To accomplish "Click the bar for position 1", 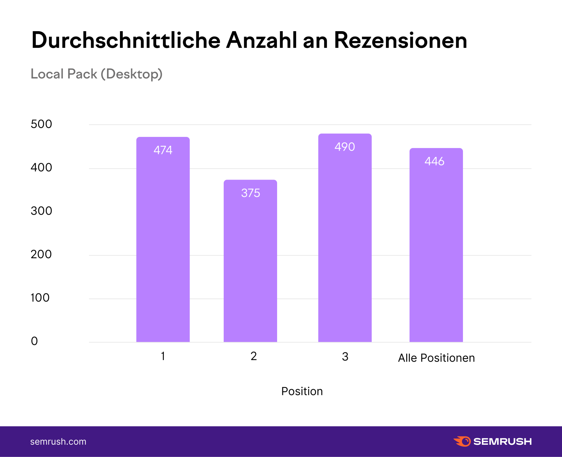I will click(x=163, y=239).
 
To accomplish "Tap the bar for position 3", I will click(x=345, y=238).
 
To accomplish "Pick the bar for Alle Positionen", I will click(x=436, y=245).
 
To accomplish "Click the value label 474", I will click(x=163, y=150).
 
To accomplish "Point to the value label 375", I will click(x=250, y=193).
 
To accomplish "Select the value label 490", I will click(x=345, y=147).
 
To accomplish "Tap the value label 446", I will click(x=434, y=161).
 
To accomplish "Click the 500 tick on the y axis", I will click(x=41, y=124).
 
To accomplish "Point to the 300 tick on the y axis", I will click(x=41, y=211).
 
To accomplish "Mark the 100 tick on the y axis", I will click(x=40, y=298).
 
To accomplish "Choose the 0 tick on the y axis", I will click(x=34, y=341).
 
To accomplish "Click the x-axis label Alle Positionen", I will click(x=436, y=358).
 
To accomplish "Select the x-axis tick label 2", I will click(x=253, y=356).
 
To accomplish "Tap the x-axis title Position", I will click(x=302, y=391).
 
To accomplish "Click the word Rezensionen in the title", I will click(x=400, y=41).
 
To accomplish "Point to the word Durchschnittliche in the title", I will click(x=126, y=41).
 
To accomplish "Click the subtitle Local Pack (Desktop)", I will click(x=96, y=74).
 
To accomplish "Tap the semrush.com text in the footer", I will click(x=58, y=442).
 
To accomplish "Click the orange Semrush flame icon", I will click(x=462, y=441).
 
